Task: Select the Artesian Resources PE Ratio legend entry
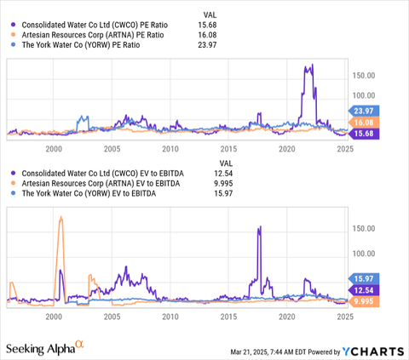click(84, 35)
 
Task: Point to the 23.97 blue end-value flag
click(365, 110)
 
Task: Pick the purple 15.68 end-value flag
click(365, 134)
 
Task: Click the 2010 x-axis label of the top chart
click(170, 147)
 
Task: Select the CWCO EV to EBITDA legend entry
click(88, 172)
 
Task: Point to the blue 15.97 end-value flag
click(365, 278)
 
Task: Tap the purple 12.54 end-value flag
click(365, 290)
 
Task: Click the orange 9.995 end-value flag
click(365, 300)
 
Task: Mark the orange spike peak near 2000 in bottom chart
click(60, 218)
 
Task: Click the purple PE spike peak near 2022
click(311, 66)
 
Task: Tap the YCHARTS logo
click(372, 351)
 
